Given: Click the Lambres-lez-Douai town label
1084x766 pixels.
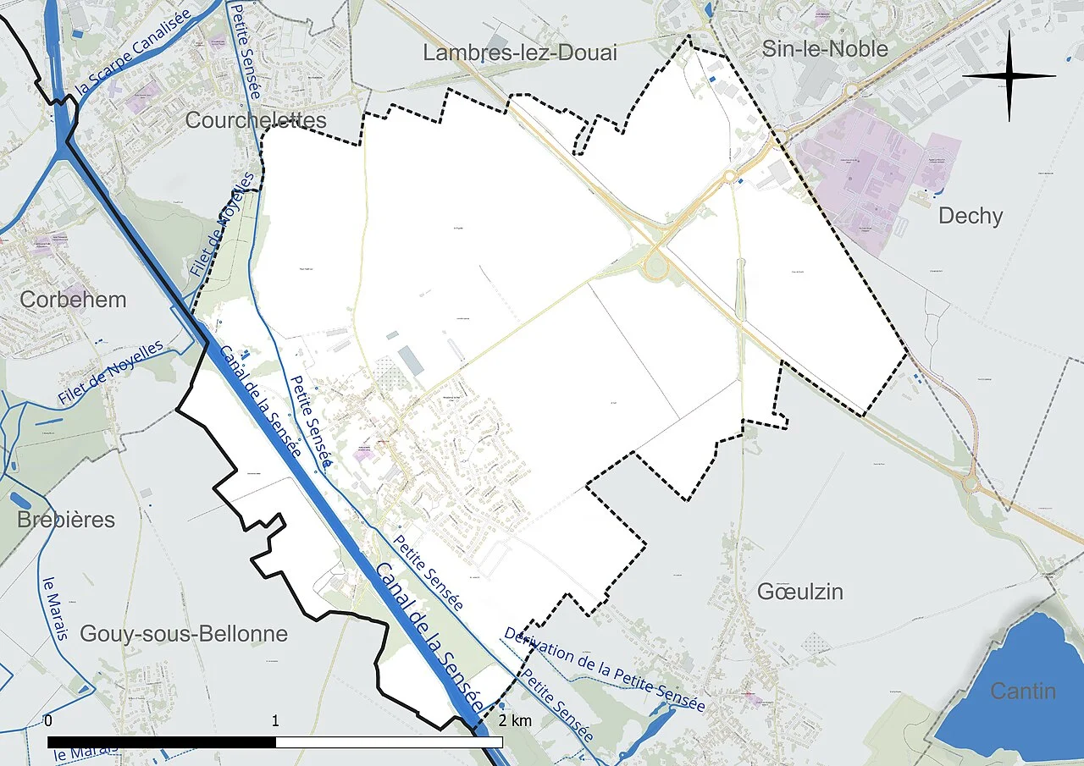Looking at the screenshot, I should click(x=520, y=53).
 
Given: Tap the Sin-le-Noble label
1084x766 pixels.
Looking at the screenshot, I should click(x=825, y=48).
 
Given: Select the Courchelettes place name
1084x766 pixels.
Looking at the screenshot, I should click(x=255, y=120).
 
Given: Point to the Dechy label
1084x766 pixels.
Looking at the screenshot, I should click(x=970, y=216).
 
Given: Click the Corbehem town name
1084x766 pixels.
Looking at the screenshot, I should click(x=73, y=300).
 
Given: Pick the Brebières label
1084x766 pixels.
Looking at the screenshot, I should click(x=66, y=519).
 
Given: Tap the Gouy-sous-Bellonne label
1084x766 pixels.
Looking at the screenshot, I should click(x=184, y=633).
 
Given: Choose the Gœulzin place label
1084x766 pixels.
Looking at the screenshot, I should click(x=800, y=592).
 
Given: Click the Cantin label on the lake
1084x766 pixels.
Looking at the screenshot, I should click(x=1023, y=692).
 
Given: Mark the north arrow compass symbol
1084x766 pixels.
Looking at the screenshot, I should click(x=1009, y=75).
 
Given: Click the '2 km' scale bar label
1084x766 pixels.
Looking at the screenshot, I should click(x=515, y=721).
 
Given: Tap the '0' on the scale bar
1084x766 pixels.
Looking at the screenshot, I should click(x=48, y=721).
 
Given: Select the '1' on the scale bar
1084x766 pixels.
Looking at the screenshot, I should click(x=276, y=721).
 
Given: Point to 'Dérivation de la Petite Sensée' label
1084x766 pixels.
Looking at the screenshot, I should click(x=604, y=669).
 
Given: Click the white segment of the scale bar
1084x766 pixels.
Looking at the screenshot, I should click(x=390, y=742).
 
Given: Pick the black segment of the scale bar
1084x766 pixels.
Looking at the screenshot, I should click(x=162, y=742).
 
